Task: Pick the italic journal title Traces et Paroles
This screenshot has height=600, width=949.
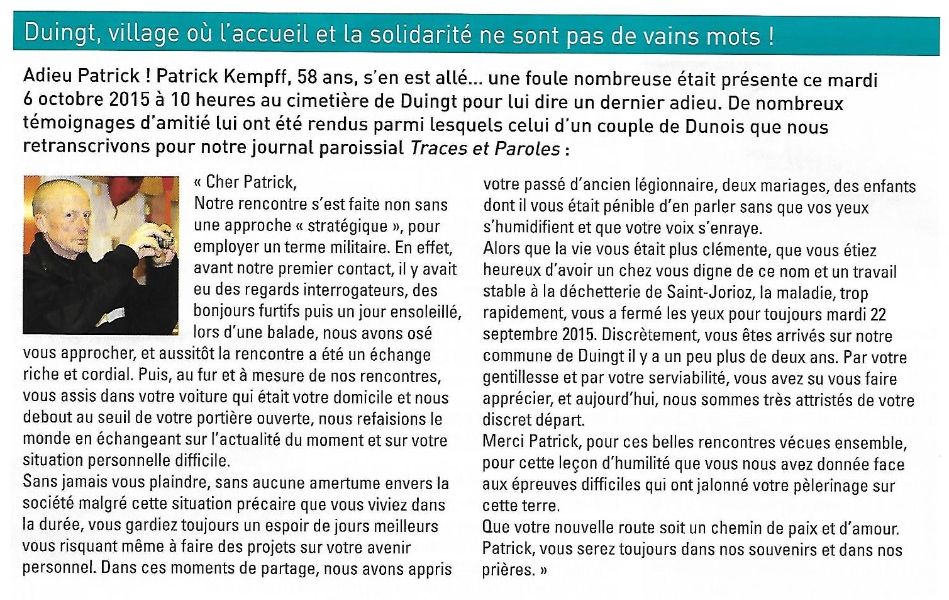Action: point(484,149)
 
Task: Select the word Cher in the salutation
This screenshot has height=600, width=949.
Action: point(222,183)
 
